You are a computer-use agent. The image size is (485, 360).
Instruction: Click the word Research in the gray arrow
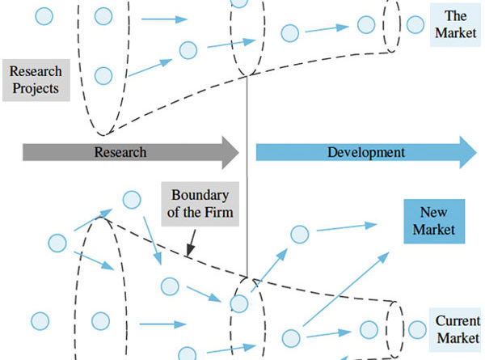point(120,152)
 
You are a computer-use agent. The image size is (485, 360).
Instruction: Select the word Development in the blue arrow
point(366,152)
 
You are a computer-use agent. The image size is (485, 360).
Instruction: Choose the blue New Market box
point(434,221)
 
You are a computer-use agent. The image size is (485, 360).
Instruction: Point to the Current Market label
point(458,328)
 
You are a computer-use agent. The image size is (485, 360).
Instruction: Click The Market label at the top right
point(451,23)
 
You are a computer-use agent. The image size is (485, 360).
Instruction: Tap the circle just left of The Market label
point(415,23)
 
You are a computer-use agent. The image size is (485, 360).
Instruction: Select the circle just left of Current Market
point(416,329)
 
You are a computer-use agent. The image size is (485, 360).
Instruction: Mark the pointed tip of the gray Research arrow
point(239,152)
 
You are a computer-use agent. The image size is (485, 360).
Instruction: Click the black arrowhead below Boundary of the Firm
point(188,254)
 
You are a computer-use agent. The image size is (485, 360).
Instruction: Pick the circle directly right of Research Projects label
point(103,76)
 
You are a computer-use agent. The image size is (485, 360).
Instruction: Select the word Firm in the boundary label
point(217,213)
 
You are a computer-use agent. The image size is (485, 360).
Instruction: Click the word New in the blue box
point(434,213)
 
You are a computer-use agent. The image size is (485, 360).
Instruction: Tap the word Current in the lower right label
point(458,320)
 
